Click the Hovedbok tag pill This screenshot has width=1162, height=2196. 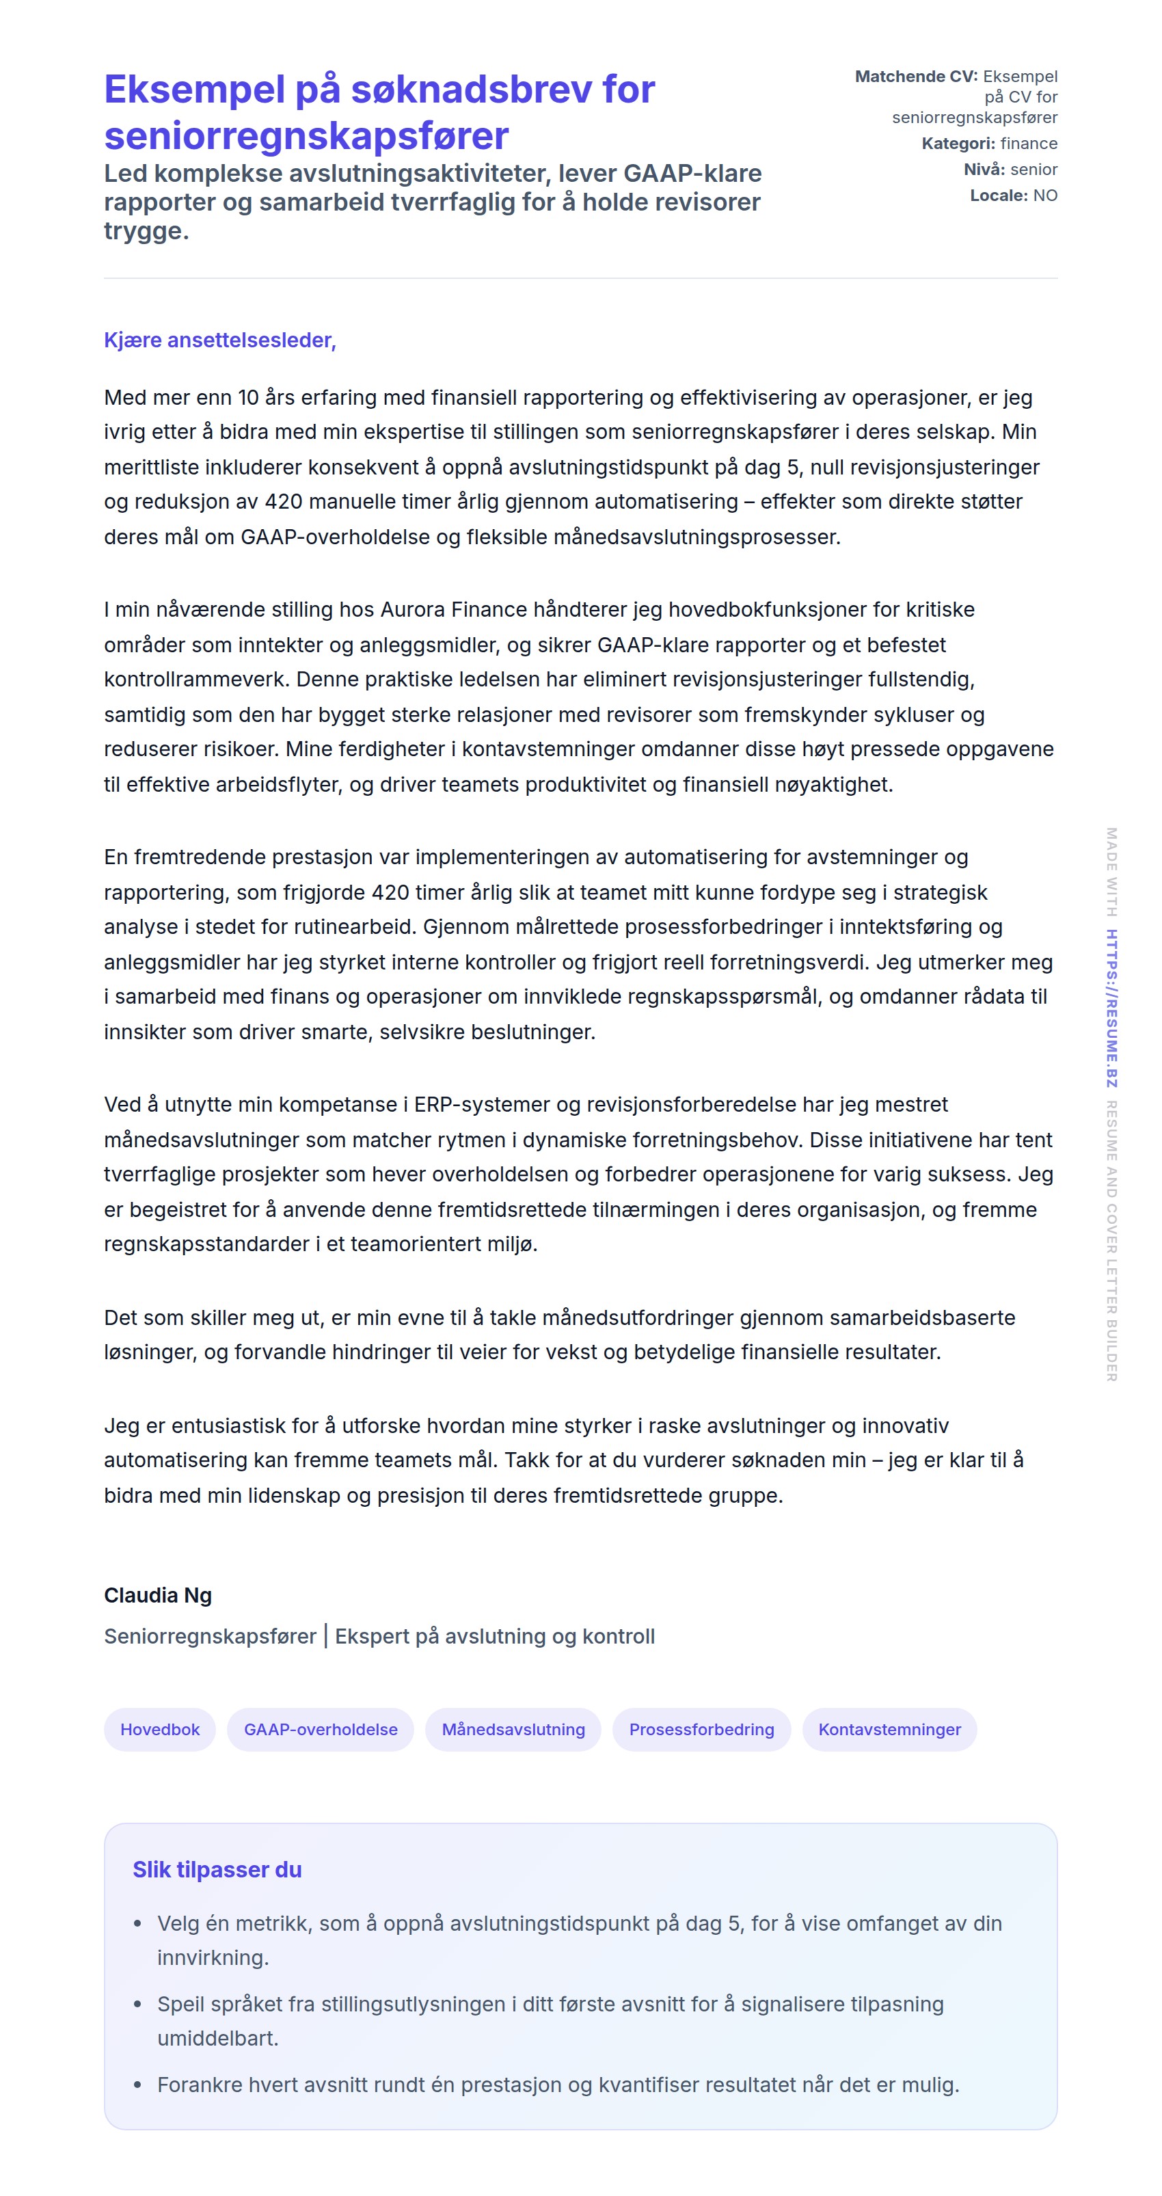[x=159, y=1729]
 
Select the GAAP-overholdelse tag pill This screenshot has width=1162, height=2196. [x=321, y=1729]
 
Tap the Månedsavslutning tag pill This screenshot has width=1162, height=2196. [x=513, y=1729]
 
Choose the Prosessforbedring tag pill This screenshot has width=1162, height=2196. [x=701, y=1729]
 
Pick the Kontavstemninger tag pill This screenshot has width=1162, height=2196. [x=889, y=1729]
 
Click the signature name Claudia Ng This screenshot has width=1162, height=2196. [x=158, y=1595]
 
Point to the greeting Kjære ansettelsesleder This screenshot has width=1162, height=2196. [x=220, y=340]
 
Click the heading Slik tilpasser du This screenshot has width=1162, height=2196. [x=217, y=1869]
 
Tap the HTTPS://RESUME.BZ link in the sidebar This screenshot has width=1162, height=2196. [x=1111, y=1008]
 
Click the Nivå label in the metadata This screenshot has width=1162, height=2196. [x=984, y=170]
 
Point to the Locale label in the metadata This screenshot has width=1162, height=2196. [x=999, y=196]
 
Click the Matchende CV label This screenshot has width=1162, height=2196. [x=916, y=77]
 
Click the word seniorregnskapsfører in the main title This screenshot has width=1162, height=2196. [x=306, y=135]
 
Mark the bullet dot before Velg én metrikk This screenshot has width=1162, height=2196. [x=137, y=1924]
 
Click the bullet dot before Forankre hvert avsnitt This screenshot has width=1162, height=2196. [x=137, y=2085]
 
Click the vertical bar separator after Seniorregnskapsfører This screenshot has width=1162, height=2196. [x=325, y=1636]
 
